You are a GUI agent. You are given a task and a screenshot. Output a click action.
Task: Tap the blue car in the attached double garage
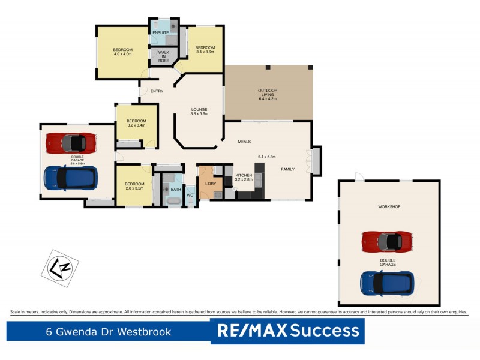(x=71, y=178)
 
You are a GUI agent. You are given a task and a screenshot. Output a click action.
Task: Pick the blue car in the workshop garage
(x=387, y=282)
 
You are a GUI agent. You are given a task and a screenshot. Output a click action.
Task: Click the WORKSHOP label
(x=389, y=207)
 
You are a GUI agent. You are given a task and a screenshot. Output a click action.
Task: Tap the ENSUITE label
(x=160, y=32)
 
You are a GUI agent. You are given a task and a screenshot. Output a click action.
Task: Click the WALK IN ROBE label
(x=163, y=57)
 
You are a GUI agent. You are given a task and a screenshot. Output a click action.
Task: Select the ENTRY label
(x=157, y=91)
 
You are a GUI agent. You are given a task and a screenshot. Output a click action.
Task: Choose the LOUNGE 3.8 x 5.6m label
(x=199, y=112)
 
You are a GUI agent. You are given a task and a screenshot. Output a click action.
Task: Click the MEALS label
(x=244, y=142)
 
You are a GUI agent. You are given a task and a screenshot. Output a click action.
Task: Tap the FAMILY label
(x=288, y=170)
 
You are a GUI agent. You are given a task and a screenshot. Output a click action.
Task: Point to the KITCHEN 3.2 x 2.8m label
(x=244, y=178)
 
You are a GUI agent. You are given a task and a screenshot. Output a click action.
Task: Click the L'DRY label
(x=210, y=183)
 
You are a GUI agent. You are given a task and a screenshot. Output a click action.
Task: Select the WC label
(x=190, y=195)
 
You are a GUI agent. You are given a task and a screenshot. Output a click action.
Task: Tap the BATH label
(x=175, y=190)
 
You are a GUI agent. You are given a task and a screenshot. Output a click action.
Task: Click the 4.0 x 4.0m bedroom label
(x=122, y=52)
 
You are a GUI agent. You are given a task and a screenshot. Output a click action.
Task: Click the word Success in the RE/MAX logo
(x=326, y=331)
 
